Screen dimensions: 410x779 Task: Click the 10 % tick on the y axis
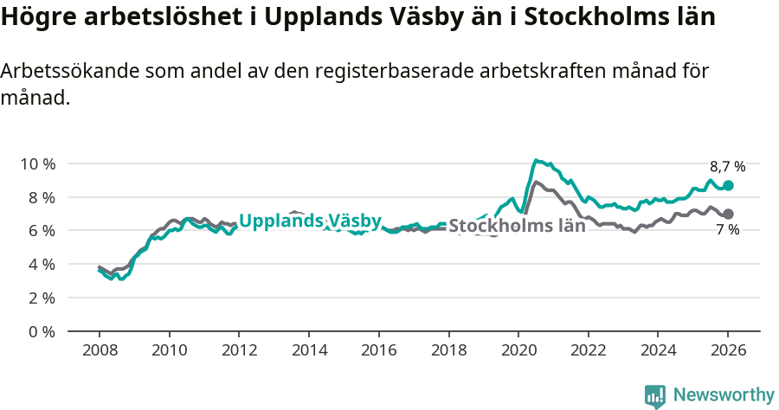coord(37,163)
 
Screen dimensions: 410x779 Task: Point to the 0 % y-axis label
coord(41,331)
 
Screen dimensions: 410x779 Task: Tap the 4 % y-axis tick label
coord(41,265)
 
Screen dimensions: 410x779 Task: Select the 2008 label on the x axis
coord(99,353)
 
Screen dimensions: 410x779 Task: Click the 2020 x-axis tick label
coord(518,353)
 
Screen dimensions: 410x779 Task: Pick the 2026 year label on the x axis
coord(728,353)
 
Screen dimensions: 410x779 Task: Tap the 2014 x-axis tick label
coord(308,353)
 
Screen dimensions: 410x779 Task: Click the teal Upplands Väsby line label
coord(310,221)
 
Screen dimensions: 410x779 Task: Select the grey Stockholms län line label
coord(517,227)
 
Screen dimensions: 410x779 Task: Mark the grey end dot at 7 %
coord(728,214)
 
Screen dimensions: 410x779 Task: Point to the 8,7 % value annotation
coord(727,167)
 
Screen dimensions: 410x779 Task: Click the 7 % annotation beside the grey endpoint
coord(727,230)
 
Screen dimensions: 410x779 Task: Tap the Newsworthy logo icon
coord(654,396)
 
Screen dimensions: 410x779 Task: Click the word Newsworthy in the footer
coord(724,395)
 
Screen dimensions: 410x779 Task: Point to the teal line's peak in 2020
coord(537,160)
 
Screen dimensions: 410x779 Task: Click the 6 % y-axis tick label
coord(41,231)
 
